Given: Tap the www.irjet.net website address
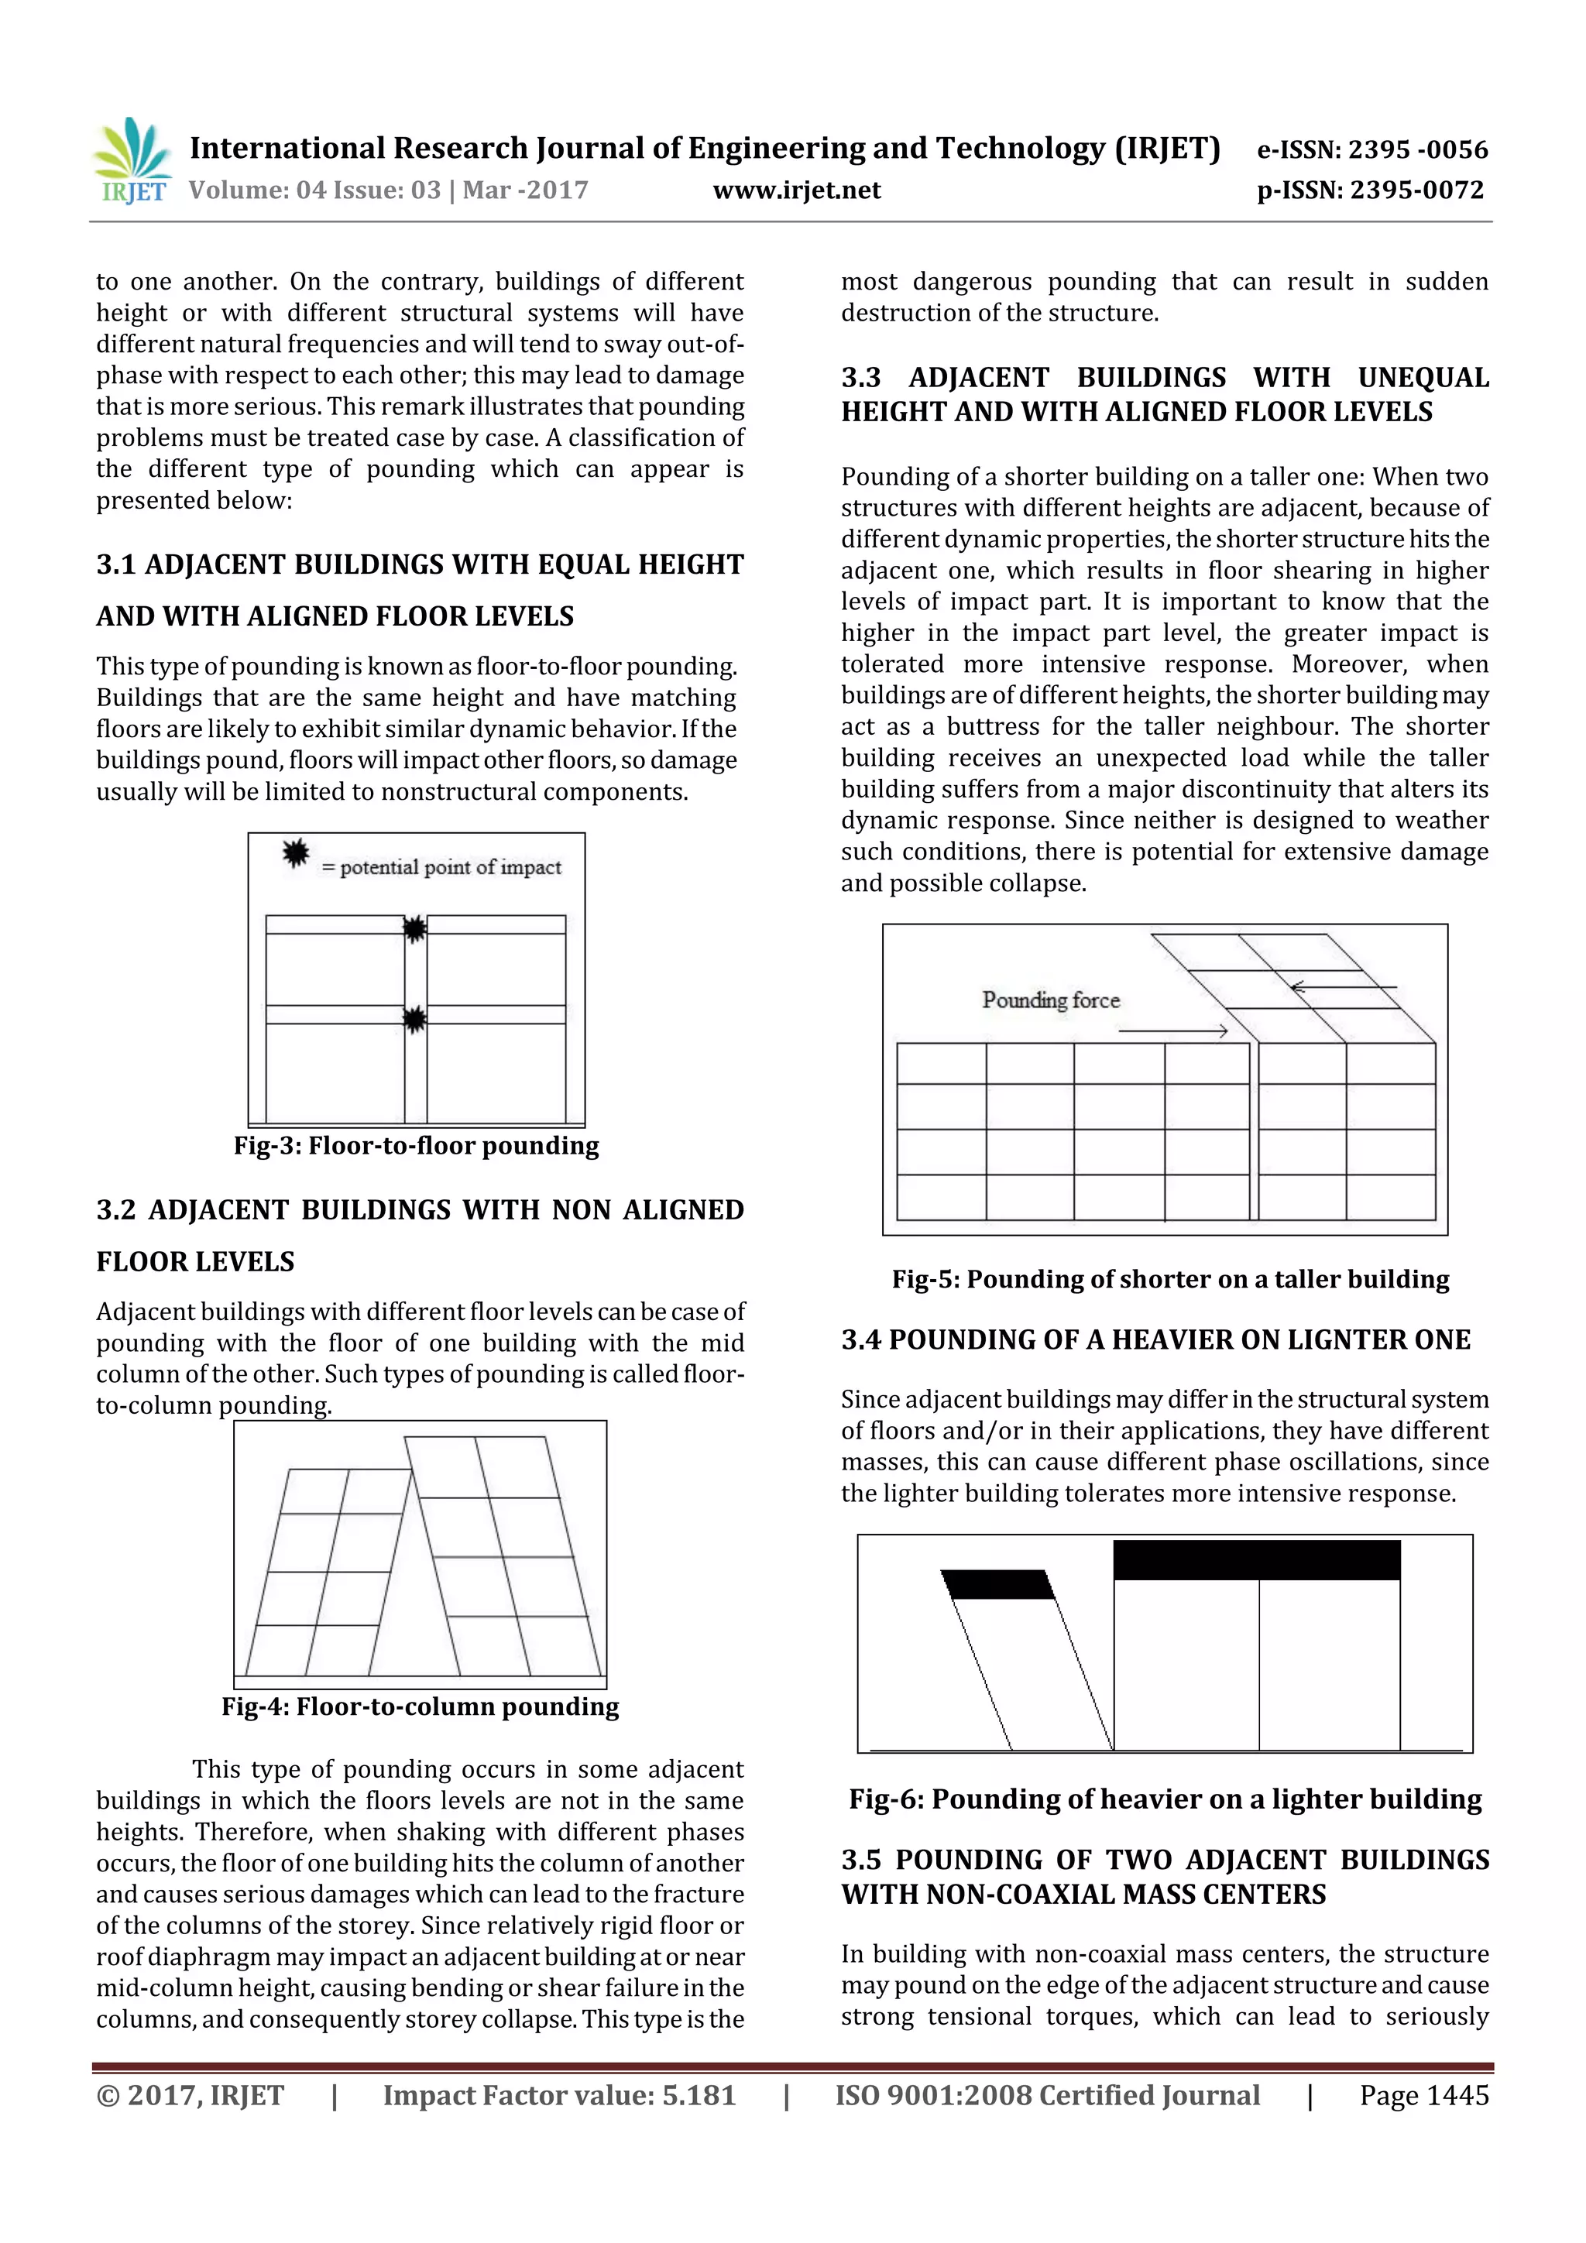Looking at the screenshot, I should [796, 190].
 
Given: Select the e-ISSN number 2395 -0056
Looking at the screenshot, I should [1417, 149].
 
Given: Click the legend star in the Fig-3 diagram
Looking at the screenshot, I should [295, 854].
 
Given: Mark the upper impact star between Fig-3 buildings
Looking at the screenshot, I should [415, 929].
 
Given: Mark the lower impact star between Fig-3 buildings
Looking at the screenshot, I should [415, 1020].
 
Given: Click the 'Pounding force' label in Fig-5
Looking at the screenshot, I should [1051, 1000].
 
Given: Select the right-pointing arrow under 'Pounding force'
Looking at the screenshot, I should [1172, 1031].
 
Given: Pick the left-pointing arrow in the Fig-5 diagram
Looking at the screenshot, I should [1343, 988].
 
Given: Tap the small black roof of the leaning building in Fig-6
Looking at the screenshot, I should [997, 1583].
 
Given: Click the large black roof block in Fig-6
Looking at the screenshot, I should [1257, 1560].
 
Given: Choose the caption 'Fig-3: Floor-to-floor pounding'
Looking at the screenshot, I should [417, 1146].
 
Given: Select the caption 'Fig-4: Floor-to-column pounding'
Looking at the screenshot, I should [421, 1706].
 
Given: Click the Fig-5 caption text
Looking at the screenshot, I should [1169, 1280].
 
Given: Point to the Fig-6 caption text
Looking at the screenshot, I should [1165, 1799].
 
